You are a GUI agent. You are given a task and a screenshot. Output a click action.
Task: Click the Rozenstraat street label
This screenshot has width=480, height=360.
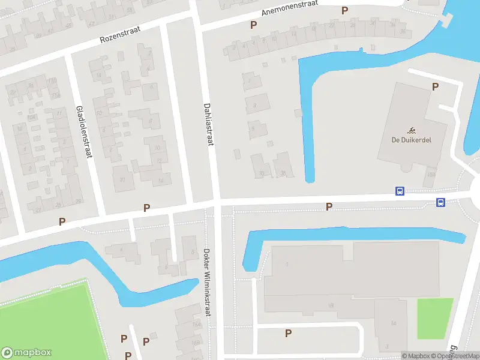(120, 35)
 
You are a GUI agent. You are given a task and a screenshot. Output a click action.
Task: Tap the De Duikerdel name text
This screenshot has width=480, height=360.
(412, 140)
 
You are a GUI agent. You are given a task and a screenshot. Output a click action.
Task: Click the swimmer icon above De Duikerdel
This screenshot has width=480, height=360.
(412, 130)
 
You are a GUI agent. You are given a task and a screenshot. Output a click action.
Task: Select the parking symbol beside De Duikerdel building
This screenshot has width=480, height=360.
(435, 86)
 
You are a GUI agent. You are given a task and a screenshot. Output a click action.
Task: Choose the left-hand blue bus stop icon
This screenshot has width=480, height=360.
(400, 191)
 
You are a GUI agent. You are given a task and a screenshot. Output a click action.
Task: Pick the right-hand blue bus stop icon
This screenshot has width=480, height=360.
(440, 203)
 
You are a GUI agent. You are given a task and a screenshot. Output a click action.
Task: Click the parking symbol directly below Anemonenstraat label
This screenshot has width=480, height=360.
(253, 25)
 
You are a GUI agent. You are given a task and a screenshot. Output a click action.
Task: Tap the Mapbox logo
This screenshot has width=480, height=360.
(26, 353)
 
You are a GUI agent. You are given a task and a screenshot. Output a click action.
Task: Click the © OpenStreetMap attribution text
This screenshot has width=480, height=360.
(457, 356)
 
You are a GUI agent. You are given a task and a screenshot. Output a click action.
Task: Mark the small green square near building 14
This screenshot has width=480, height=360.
(434, 318)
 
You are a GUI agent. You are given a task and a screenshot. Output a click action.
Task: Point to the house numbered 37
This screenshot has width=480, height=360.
(122, 179)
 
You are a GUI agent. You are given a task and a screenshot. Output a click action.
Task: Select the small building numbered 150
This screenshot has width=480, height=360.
(431, 175)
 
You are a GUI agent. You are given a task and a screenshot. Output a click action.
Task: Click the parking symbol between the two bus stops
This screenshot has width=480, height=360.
(328, 206)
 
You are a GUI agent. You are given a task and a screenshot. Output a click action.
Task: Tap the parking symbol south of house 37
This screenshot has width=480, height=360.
(146, 208)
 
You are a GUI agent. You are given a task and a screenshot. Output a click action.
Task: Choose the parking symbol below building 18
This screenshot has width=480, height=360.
(288, 333)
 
